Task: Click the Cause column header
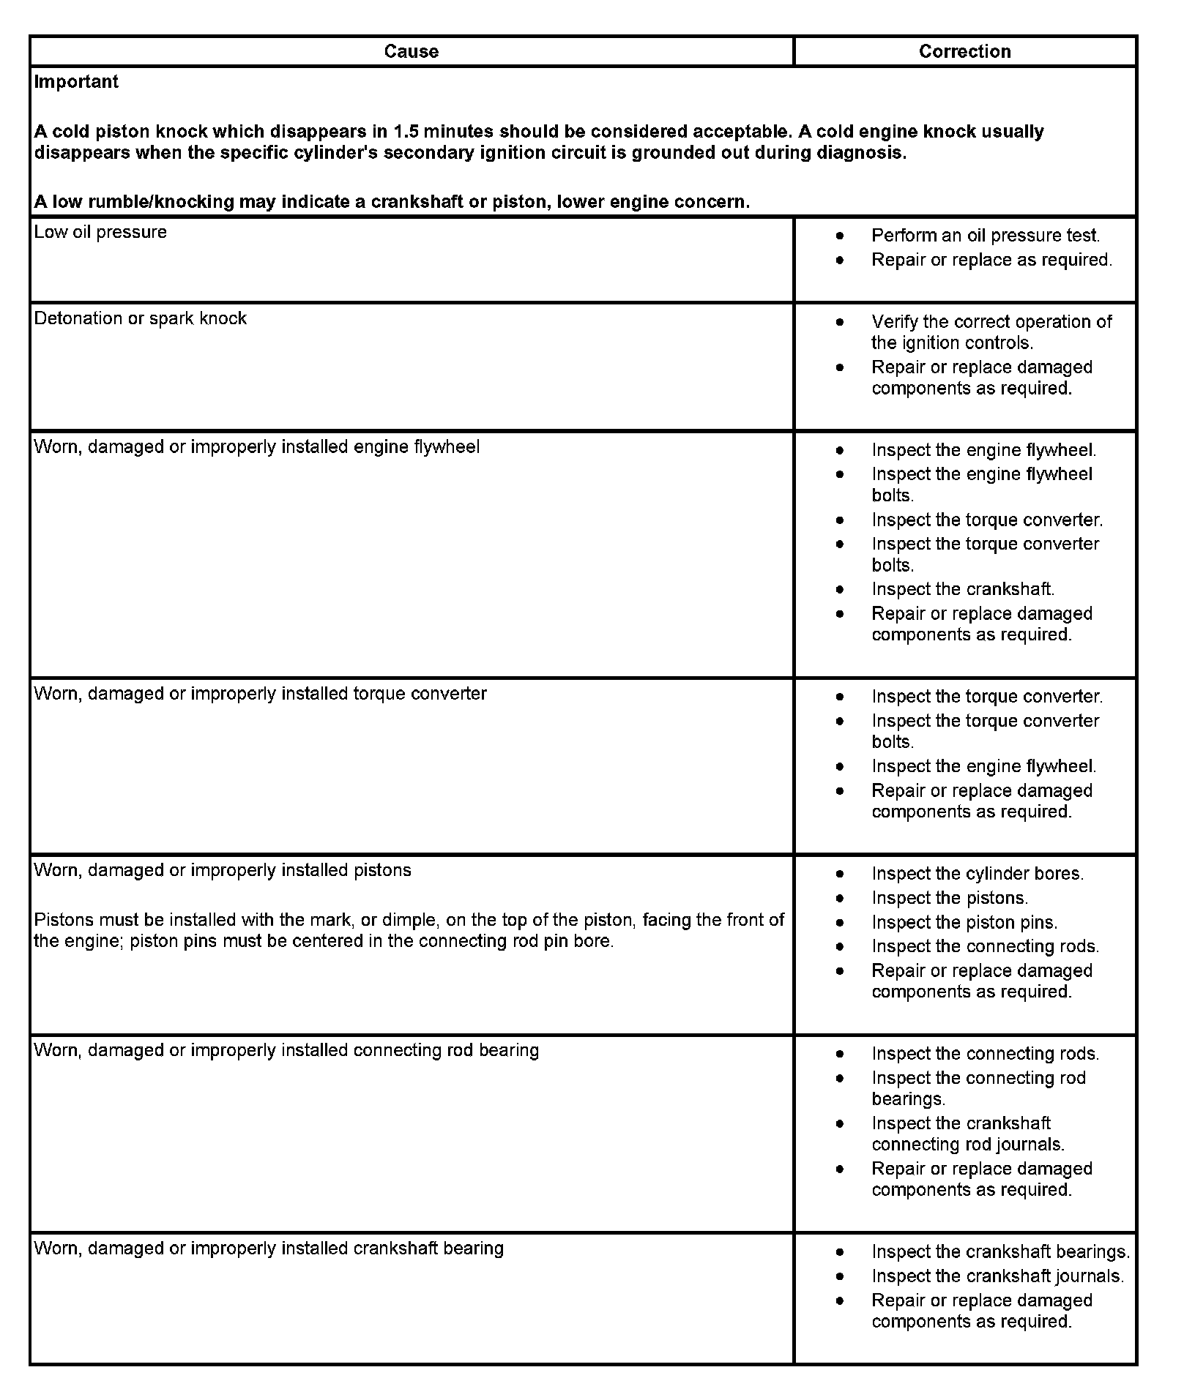(x=411, y=51)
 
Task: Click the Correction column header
(x=964, y=51)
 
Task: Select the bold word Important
(x=76, y=82)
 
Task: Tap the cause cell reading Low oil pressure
(x=100, y=232)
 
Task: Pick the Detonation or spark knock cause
(x=140, y=318)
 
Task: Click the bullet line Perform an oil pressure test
(x=985, y=236)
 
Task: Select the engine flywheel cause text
(x=256, y=447)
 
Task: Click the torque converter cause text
(x=260, y=694)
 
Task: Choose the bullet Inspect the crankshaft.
(x=962, y=589)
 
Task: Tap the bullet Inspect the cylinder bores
(x=977, y=874)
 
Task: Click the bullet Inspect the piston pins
(x=964, y=923)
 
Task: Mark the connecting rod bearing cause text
(x=286, y=1050)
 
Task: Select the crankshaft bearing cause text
(x=269, y=1248)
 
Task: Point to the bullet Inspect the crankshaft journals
(x=997, y=1276)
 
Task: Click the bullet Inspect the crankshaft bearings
(x=1000, y=1252)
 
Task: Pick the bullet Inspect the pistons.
(x=950, y=898)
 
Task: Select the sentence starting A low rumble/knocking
(x=392, y=202)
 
